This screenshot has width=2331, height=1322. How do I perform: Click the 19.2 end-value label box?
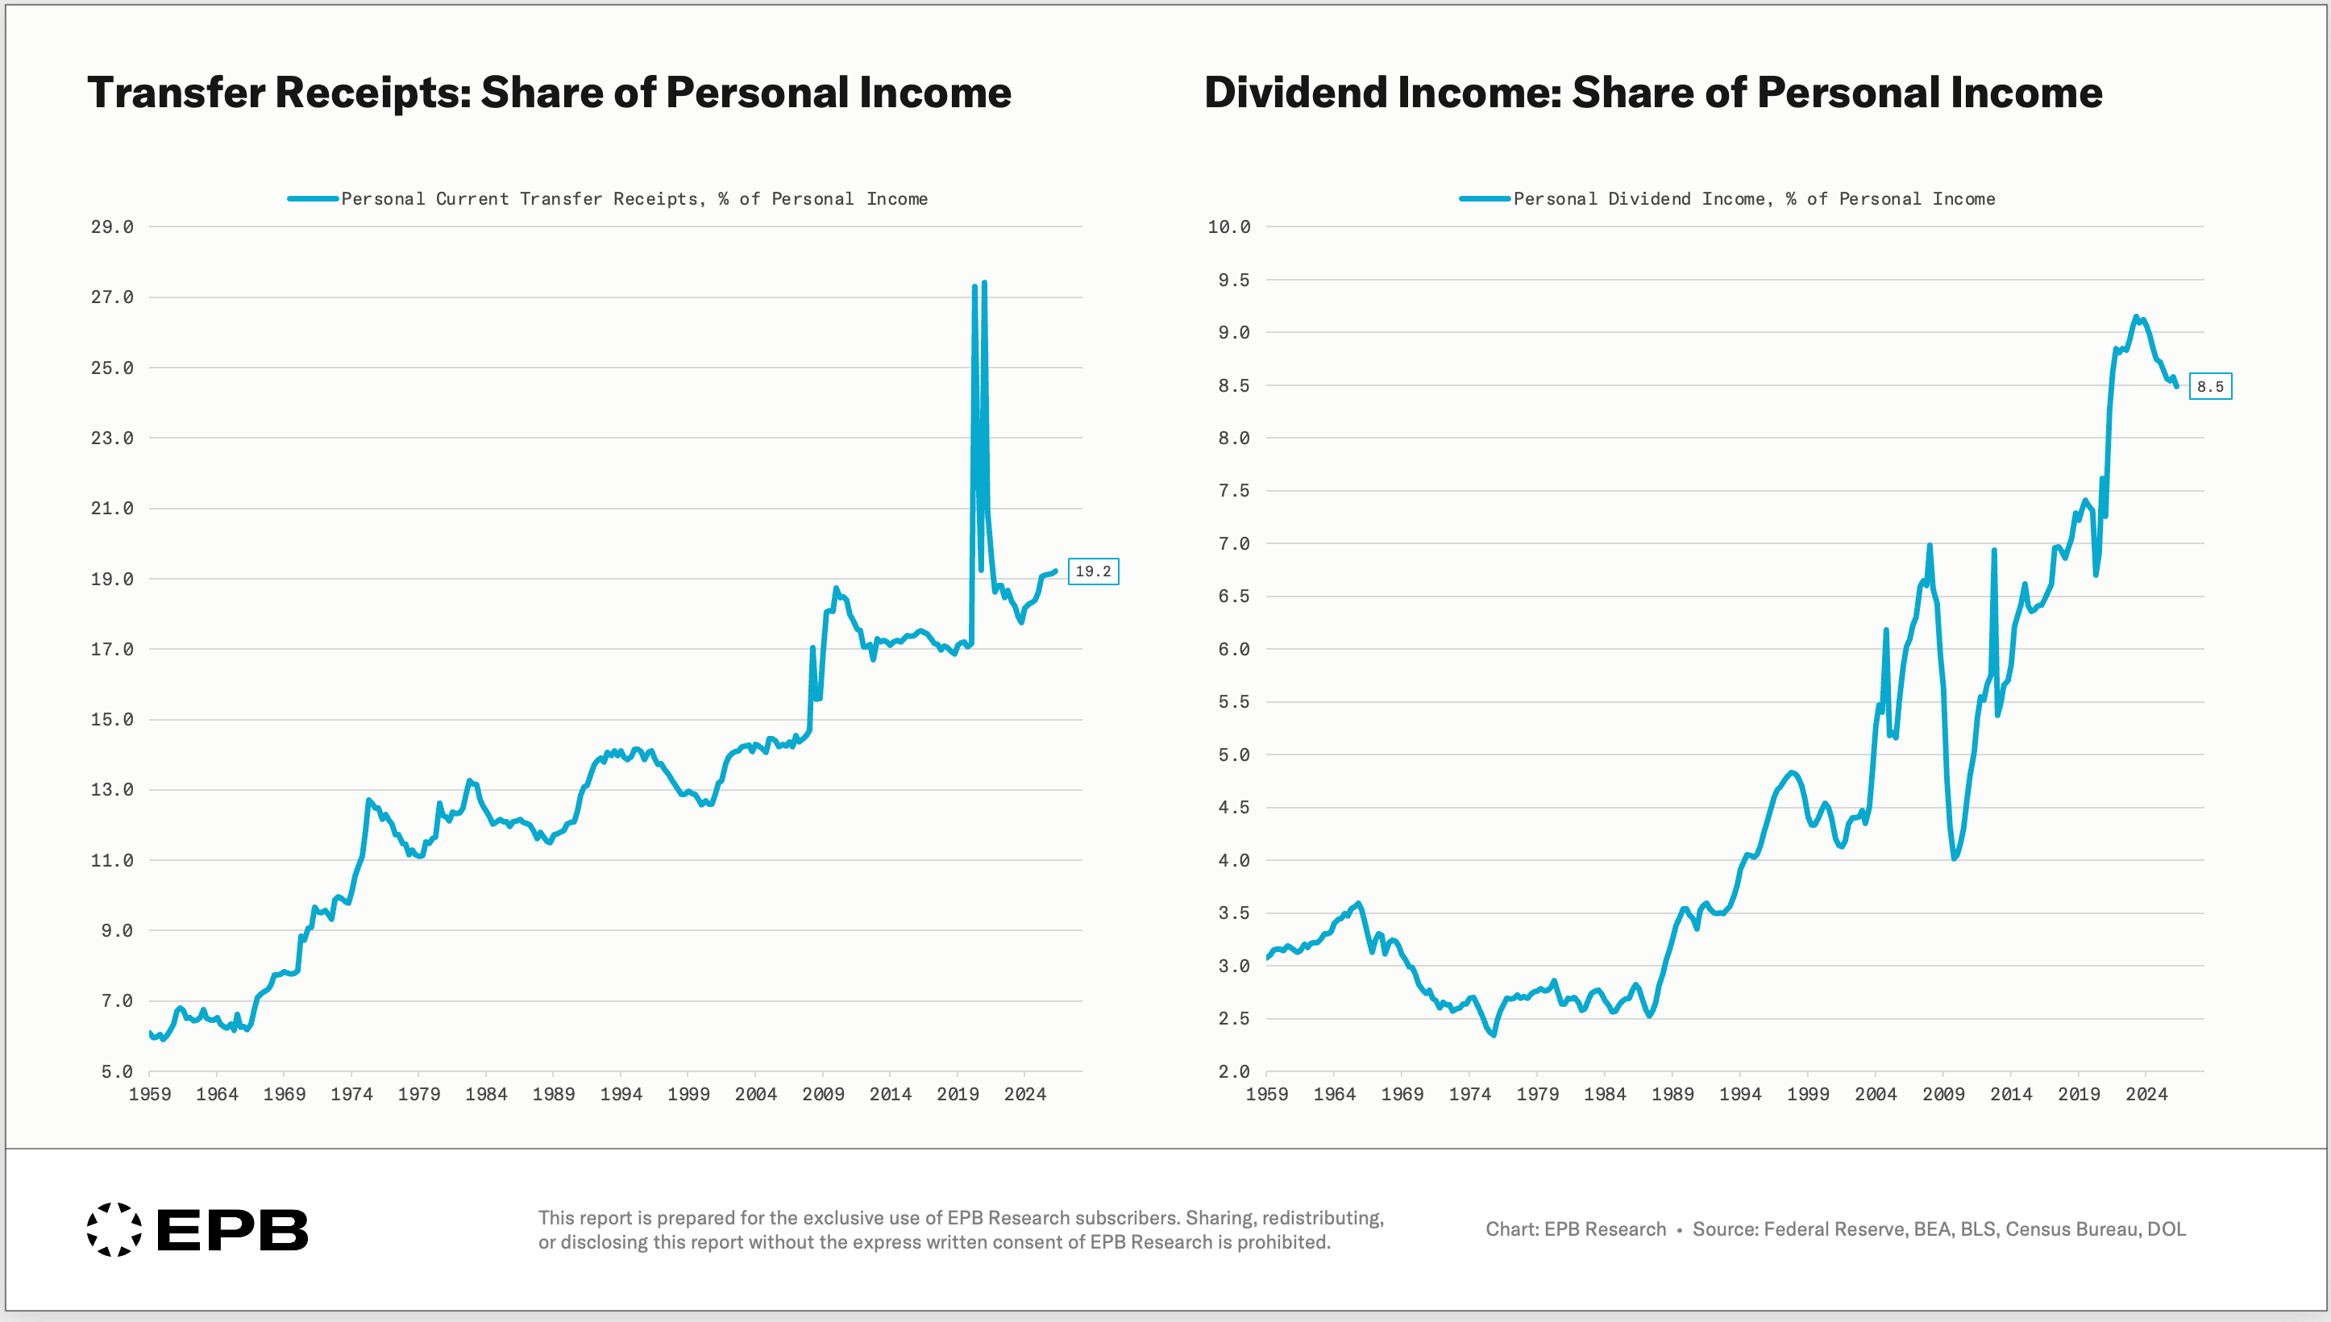click(x=1093, y=571)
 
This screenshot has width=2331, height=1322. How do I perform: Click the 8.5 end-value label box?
click(x=2210, y=387)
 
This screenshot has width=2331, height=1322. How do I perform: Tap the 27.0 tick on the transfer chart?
click(x=112, y=297)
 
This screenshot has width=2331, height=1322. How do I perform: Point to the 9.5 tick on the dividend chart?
click(x=1233, y=280)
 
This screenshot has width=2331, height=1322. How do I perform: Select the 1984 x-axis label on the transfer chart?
click(x=487, y=1094)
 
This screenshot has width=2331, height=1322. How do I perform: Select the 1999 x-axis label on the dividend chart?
click(x=1808, y=1094)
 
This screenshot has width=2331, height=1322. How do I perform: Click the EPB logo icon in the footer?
click(x=114, y=1229)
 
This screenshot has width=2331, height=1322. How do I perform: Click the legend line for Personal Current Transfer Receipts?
click(x=314, y=199)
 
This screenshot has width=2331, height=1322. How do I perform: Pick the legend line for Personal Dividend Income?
click(x=1485, y=199)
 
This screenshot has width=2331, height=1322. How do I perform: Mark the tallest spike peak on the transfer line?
click(x=984, y=282)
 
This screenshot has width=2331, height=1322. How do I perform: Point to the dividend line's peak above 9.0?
click(x=2136, y=317)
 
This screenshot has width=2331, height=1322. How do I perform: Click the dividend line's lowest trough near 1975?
click(x=1494, y=1035)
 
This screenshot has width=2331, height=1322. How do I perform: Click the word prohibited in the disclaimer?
click(x=1283, y=1242)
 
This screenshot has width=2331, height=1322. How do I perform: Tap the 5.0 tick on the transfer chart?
click(x=117, y=1071)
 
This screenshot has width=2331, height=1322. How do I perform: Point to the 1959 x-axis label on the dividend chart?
click(x=1267, y=1094)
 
